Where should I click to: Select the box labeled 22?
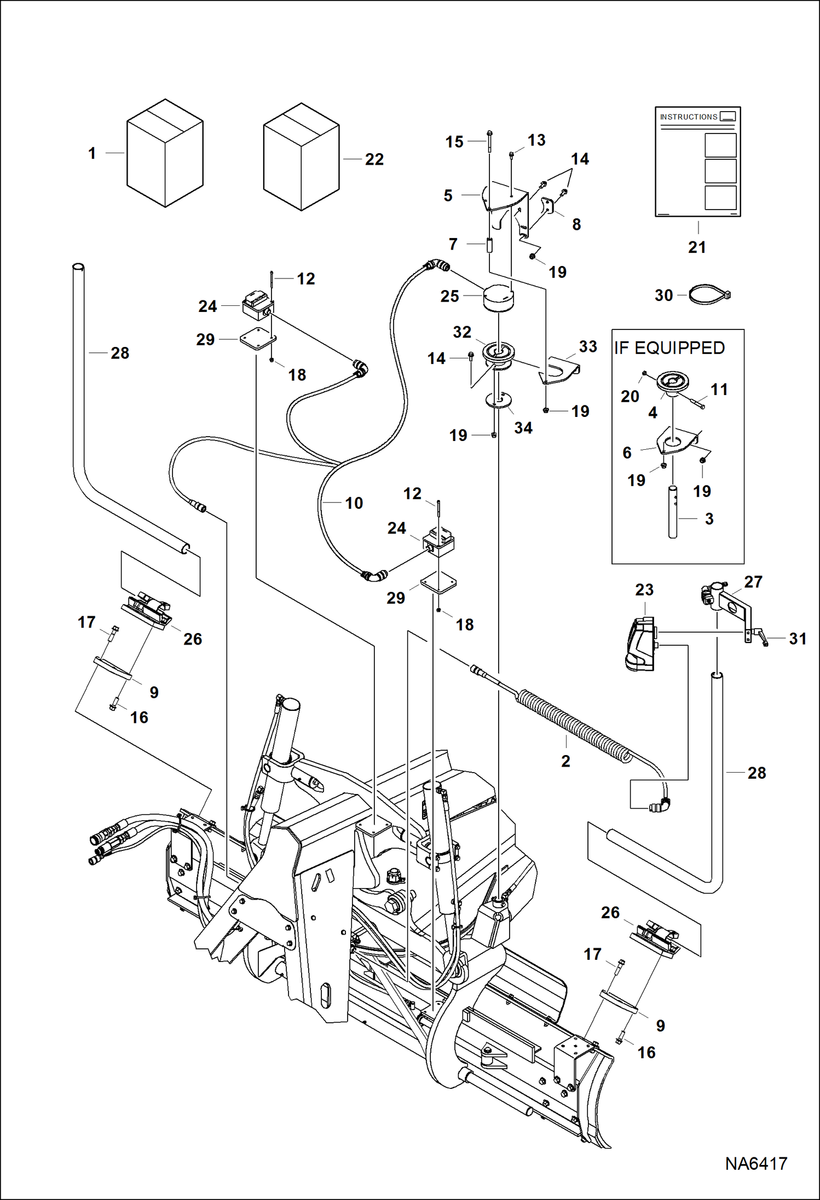301,158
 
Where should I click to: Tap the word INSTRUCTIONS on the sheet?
688,117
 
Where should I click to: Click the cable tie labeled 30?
709,295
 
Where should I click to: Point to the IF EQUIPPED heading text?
669,348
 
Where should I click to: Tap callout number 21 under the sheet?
697,247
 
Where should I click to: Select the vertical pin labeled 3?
673,512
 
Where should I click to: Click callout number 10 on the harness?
354,503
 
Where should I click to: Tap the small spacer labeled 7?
489,245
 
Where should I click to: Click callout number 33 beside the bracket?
588,346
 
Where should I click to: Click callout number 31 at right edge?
798,639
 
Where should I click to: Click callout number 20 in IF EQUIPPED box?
630,396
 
